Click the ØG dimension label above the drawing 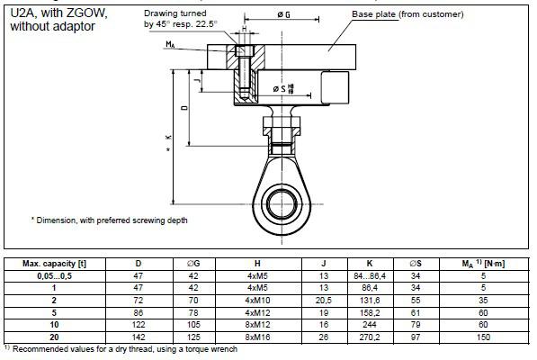tap(283, 14)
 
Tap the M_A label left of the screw tap(170, 44)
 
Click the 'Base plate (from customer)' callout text tap(407, 14)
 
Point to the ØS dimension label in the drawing tap(283, 88)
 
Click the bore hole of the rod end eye tap(282, 204)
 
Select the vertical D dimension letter tap(185, 108)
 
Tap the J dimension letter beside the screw tap(197, 81)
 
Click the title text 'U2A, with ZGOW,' tap(58, 13)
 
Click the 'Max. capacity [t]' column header tap(55, 264)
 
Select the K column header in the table tap(370, 264)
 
